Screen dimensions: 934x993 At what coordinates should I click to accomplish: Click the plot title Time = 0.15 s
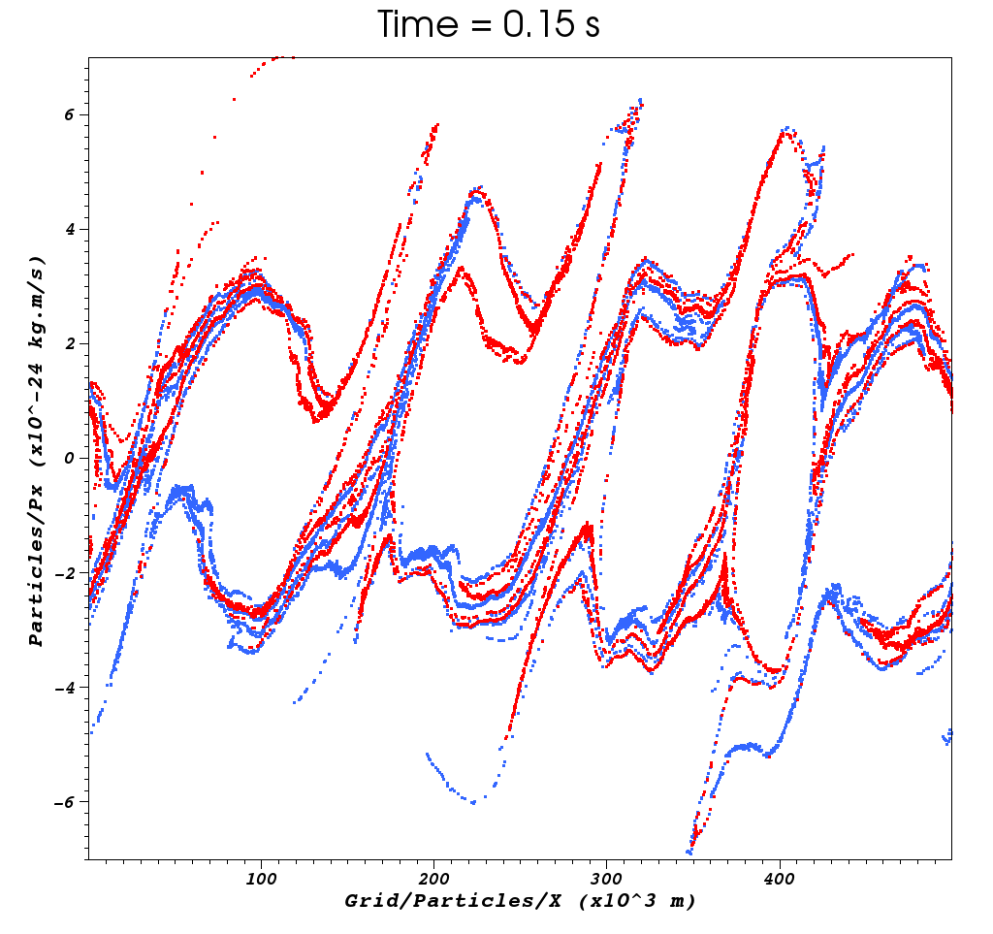(488, 25)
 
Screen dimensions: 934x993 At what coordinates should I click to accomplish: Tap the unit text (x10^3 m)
(634, 901)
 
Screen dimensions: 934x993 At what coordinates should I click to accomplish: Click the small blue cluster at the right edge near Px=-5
(947, 736)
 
